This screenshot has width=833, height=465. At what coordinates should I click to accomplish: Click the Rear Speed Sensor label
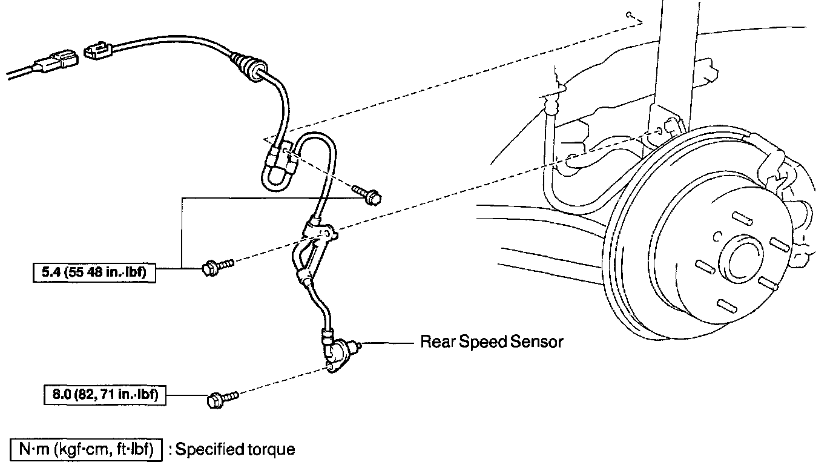492,342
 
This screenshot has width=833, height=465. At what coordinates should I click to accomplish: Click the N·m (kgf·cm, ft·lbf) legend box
85,450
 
